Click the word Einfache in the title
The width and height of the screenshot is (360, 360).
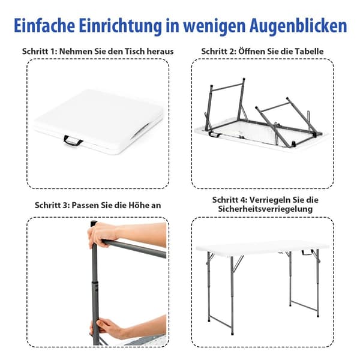coord(44,25)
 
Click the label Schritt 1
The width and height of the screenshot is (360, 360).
coord(39,51)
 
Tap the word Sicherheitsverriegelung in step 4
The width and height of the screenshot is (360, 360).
coord(265,209)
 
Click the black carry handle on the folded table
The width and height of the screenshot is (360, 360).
coord(73,140)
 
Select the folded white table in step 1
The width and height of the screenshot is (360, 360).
coord(99,122)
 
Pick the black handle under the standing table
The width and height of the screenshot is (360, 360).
coord(307,253)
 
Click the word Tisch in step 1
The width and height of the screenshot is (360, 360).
coord(134,51)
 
